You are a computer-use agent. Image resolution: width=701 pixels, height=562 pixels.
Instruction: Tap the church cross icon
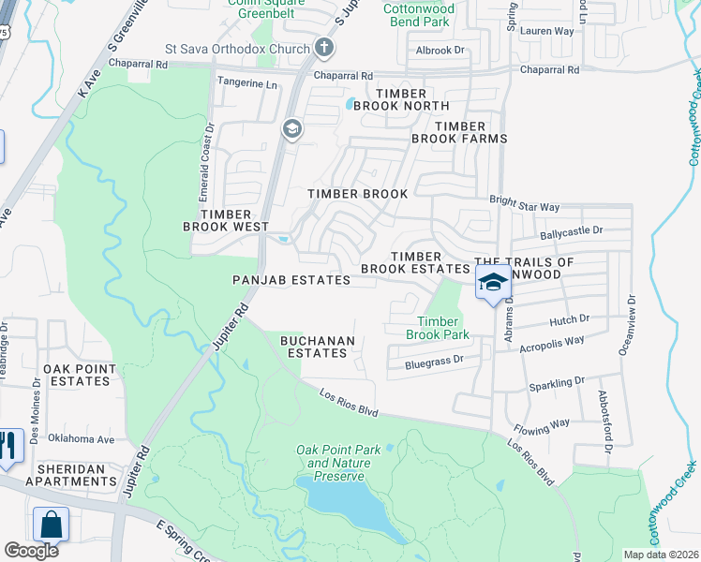click(x=324, y=47)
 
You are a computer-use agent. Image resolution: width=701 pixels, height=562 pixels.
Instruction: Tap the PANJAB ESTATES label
click(x=291, y=280)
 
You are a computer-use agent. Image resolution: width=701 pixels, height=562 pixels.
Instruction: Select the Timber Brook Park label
click(x=437, y=327)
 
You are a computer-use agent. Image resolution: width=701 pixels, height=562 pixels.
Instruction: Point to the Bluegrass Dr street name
click(x=435, y=360)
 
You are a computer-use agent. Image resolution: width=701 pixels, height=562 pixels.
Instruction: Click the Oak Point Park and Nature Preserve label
click(x=338, y=463)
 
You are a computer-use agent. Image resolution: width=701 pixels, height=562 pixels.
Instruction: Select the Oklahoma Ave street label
click(x=81, y=438)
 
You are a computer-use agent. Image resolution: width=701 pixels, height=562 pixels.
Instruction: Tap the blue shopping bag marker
click(x=51, y=525)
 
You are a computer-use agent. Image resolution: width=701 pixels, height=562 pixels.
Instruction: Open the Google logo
click(x=32, y=550)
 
